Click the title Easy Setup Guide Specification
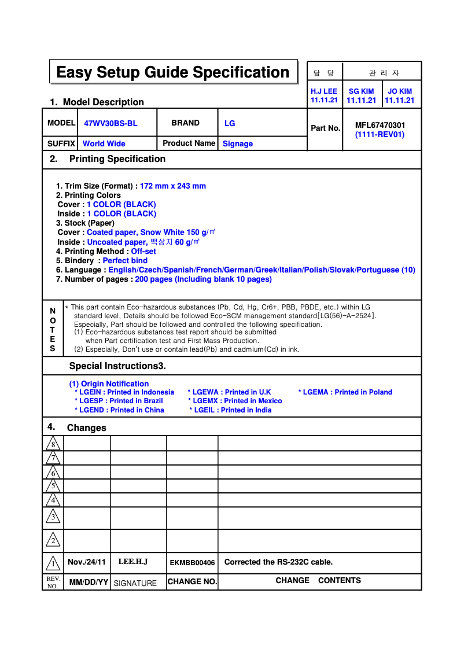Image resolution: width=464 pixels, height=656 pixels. [172, 72]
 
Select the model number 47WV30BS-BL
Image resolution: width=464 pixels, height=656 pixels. [111, 123]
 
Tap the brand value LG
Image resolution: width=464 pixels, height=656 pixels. [230, 123]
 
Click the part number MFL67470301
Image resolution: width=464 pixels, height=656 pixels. [380, 125]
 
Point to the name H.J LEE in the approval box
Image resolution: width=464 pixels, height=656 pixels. [324, 91]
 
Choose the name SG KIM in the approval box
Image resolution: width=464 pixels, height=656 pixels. [361, 91]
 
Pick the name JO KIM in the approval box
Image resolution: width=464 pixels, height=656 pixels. [400, 91]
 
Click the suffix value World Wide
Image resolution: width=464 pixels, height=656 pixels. [104, 143]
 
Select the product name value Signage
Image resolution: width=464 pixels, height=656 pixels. [238, 143]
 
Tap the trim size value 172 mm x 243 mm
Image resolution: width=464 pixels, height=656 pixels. [173, 186]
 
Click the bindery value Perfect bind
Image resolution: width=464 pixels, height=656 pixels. [125, 260]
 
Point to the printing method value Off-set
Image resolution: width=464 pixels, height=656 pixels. [143, 251]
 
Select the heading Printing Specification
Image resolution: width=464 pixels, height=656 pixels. [117, 159]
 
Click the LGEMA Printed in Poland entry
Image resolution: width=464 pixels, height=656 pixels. [345, 392]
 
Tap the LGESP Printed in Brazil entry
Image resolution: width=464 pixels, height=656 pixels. [119, 401]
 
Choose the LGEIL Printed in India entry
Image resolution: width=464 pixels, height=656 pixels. [230, 410]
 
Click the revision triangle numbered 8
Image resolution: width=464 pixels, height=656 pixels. [53, 444]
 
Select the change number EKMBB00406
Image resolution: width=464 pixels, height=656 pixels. [192, 563]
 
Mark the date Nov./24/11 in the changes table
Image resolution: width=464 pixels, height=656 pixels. [87, 562]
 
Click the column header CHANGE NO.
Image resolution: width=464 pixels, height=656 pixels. [192, 581]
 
